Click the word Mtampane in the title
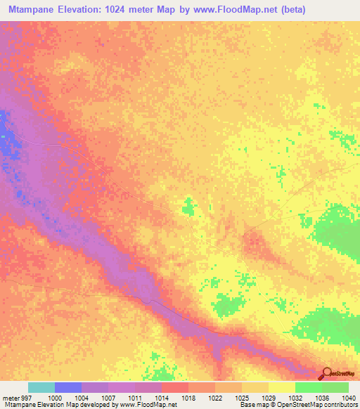coord(30,10)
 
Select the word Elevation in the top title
coord(83,10)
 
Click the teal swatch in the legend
coord(41,387)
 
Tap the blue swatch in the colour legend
coord(68,387)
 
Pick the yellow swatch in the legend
coord(281,387)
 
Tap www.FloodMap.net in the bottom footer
coord(148,405)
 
